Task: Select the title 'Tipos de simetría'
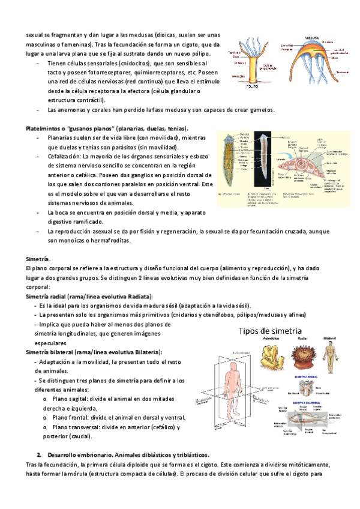272,331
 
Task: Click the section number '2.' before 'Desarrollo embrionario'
40,454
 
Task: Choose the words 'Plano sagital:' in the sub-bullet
73,398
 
